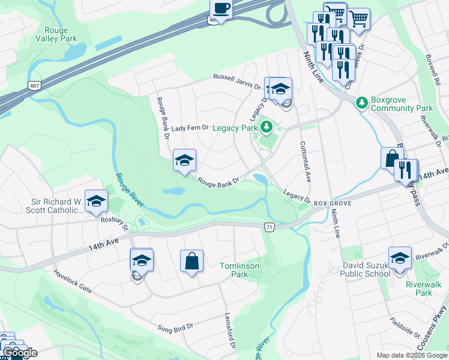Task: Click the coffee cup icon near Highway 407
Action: (x=221, y=10)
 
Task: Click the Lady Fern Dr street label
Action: (x=189, y=128)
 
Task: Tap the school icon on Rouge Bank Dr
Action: (x=185, y=160)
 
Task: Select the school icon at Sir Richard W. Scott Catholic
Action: (x=96, y=202)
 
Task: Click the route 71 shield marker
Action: (x=270, y=227)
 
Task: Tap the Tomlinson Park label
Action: (x=234, y=270)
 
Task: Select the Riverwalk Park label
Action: (x=418, y=289)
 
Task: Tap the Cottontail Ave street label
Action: (x=304, y=162)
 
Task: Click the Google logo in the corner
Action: (x=20, y=353)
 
